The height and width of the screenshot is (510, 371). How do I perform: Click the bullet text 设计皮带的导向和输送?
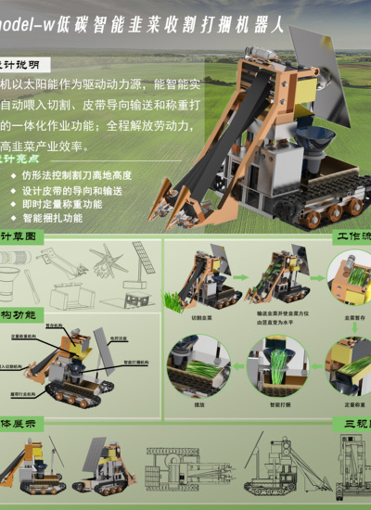click(71, 189)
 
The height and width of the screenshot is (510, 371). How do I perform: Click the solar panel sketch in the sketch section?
click(143, 259)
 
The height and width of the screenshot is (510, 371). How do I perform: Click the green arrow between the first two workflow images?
click(237, 275)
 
